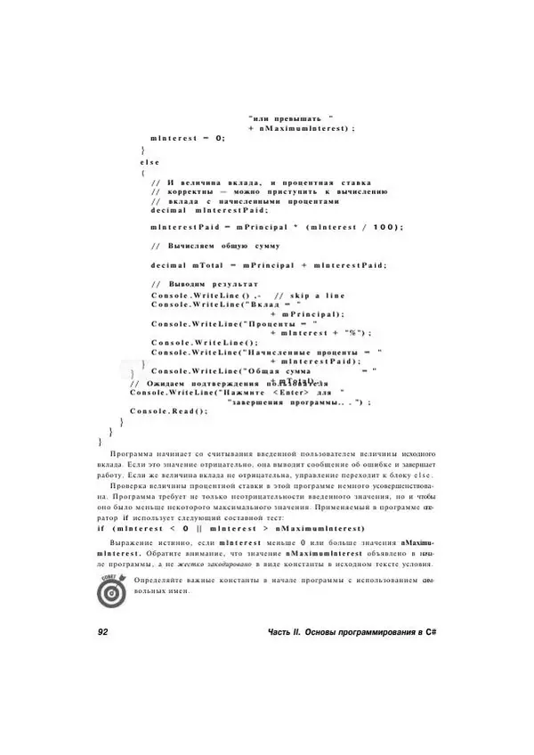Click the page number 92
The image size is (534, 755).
[101, 631]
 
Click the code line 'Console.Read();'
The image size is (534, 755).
[167, 410]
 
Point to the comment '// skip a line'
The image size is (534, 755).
[309, 295]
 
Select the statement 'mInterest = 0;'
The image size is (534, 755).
[188, 138]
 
